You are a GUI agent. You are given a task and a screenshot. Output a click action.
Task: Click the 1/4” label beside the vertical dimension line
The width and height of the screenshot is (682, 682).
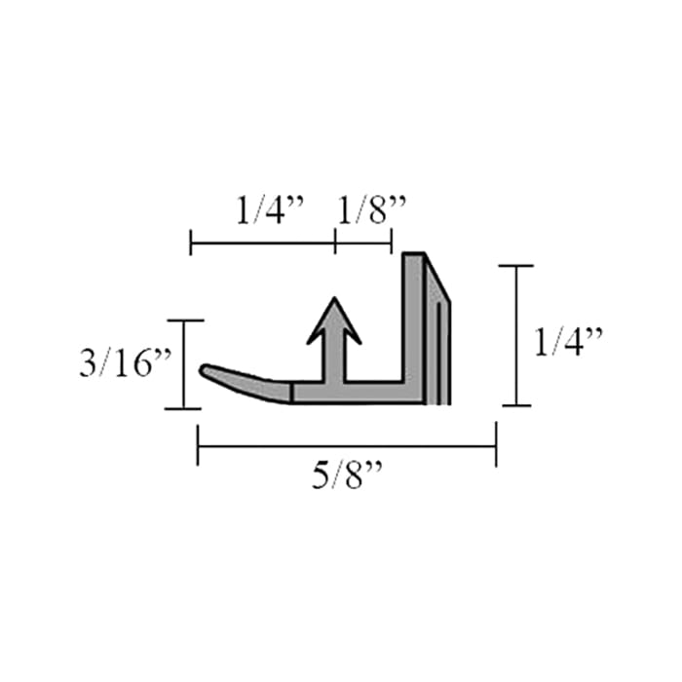coord(570,342)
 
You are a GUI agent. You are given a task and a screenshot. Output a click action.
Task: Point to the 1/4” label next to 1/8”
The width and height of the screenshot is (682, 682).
coord(270,209)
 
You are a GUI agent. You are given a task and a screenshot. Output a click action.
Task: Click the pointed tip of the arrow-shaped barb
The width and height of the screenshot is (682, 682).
coord(334,299)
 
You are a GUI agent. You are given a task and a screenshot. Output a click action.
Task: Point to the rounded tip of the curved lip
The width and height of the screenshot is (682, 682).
coord(206,370)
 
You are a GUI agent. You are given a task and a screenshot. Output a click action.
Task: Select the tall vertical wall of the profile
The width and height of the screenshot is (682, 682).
coord(414,322)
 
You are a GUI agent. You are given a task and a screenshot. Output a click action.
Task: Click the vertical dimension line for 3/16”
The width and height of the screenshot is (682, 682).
coord(184,364)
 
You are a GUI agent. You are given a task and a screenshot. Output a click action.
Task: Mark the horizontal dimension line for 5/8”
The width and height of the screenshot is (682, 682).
coord(347,446)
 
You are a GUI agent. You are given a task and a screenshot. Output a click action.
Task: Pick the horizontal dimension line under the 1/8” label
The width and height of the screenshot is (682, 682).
coord(363,241)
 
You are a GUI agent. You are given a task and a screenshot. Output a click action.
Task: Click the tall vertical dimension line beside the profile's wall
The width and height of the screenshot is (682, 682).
coord(516,335)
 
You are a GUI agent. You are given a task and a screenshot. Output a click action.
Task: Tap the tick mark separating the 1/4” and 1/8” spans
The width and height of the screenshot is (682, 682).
coord(335,241)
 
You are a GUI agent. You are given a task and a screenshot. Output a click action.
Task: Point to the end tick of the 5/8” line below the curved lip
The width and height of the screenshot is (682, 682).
coord(198,446)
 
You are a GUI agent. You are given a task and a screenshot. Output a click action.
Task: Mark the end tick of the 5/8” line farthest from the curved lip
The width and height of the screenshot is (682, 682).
coord(496,446)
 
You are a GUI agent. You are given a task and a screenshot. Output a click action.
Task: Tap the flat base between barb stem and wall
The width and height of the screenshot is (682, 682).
coord(375,393)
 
